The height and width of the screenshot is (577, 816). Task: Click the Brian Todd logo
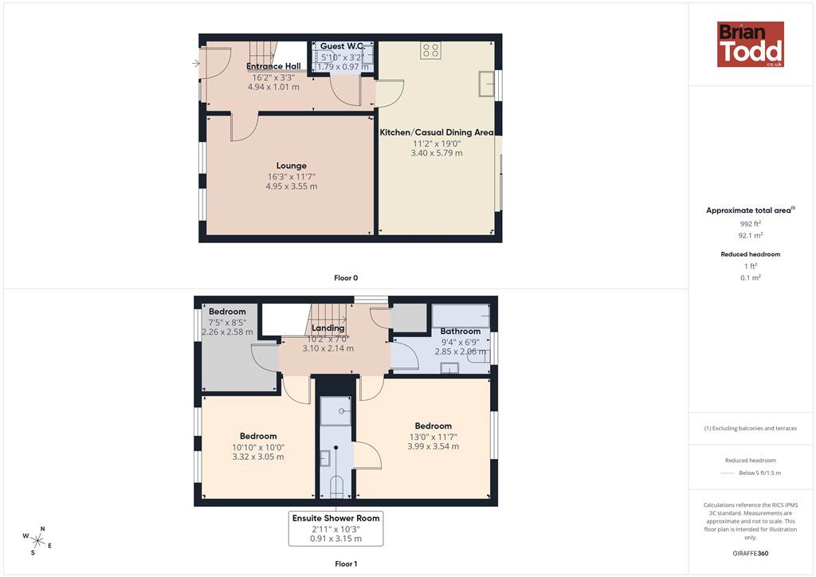click(x=751, y=44)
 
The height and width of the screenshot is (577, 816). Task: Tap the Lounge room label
click(x=292, y=166)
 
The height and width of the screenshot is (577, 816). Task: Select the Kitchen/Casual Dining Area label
click(x=436, y=132)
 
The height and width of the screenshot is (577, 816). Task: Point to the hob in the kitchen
click(x=431, y=50)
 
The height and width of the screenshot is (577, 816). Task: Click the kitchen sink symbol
click(x=487, y=84)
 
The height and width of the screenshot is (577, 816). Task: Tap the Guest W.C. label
click(x=341, y=45)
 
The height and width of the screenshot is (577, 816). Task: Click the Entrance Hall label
click(x=273, y=66)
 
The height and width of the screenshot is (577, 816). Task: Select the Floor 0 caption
click(x=346, y=278)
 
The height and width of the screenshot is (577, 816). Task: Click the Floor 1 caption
click(x=346, y=563)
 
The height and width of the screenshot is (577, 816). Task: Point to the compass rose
click(x=37, y=540)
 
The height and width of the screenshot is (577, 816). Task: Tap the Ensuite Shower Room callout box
click(x=335, y=528)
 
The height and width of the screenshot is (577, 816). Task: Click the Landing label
click(x=328, y=328)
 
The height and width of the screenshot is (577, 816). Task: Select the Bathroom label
click(x=460, y=331)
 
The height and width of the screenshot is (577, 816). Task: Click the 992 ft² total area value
click(x=751, y=224)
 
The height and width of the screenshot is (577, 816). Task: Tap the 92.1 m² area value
click(x=751, y=235)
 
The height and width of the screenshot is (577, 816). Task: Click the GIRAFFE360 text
click(x=751, y=553)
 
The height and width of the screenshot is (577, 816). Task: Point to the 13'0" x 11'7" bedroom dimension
click(x=433, y=437)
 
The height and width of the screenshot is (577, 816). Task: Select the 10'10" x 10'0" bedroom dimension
click(x=258, y=447)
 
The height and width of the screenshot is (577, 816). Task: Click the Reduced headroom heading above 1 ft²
click(x=751, y=254)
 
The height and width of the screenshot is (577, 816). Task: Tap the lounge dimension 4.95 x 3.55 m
click(x=292, y=186)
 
